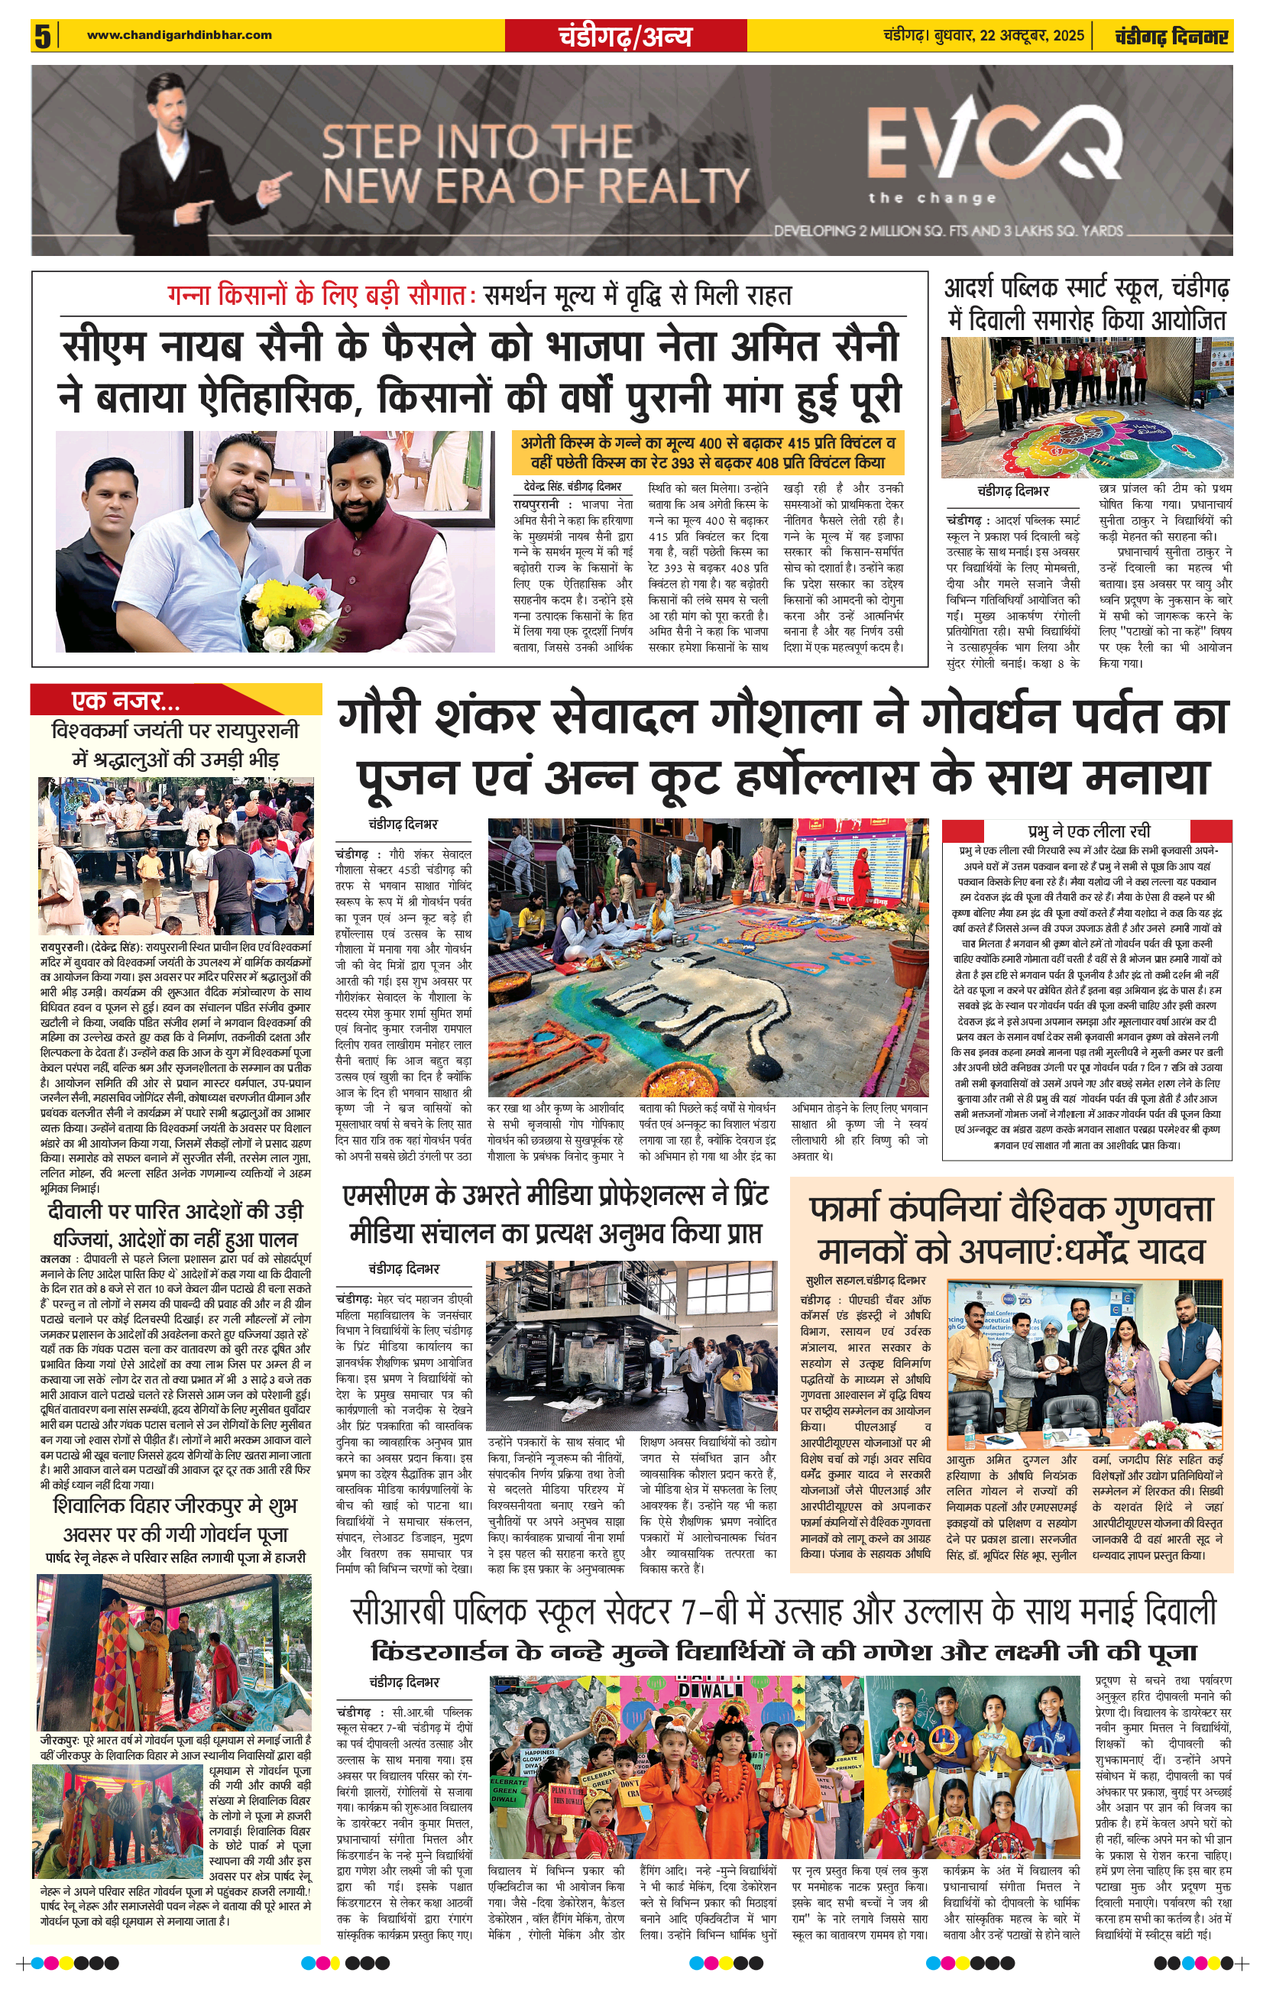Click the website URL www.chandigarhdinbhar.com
(180, 34)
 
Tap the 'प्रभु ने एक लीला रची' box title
(1089, 830)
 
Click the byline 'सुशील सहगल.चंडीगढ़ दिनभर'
(865, 1279)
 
